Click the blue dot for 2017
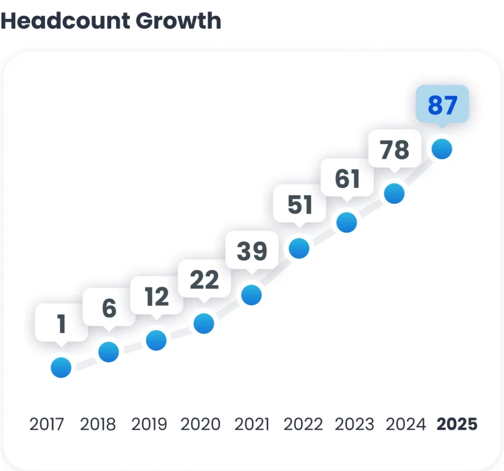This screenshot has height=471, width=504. click(x=61, y=367)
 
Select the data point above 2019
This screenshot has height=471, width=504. click(x=156, y=340)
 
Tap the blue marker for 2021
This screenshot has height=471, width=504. click(x=252, y=295)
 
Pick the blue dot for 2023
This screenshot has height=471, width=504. click(x=346, y=222)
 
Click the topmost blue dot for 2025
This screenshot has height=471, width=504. click(x=441, y=149)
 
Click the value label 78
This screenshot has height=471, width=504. click(x=395, y=150)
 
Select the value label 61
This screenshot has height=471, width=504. click(x=347, y=179)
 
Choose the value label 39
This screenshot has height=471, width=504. click(x=252, y=251)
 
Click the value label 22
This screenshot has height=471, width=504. click(x=204, y=281)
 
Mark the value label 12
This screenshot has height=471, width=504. click(x=157, y=297)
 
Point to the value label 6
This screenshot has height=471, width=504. click(x=109, y=309)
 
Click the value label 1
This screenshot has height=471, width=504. click(x=62, y=324)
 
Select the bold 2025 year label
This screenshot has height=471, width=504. click(x=457, y=424)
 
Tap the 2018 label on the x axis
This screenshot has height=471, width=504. click(x=98, y=424)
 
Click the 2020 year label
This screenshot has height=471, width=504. click(x=200, y=424)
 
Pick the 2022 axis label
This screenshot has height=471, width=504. click(x=304, y=424)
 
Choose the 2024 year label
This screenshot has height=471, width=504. click(x=406, y=424)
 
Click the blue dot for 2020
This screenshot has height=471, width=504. click(x=204, y=324)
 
